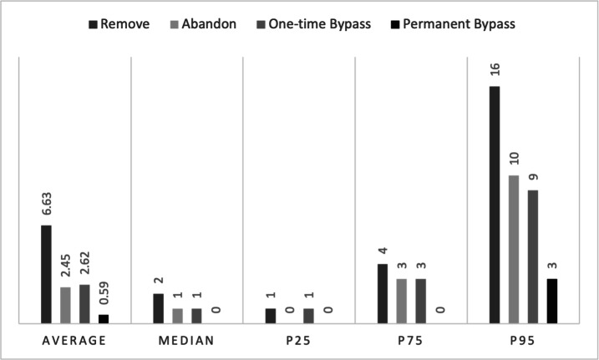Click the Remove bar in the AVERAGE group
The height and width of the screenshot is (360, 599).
[x=46, y=274]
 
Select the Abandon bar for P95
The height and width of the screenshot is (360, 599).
[x=513, y=249]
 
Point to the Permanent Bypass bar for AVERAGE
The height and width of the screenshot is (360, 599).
[x=104, y=318]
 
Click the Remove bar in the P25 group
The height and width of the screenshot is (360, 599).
[x=270, y=315]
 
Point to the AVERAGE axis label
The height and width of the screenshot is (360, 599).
[x=75, y=341]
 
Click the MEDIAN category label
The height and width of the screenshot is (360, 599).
[x=187, y=341]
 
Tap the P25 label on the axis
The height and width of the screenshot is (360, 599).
[x=299, y=341]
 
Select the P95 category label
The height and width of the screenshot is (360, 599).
[x=523, y=341]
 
